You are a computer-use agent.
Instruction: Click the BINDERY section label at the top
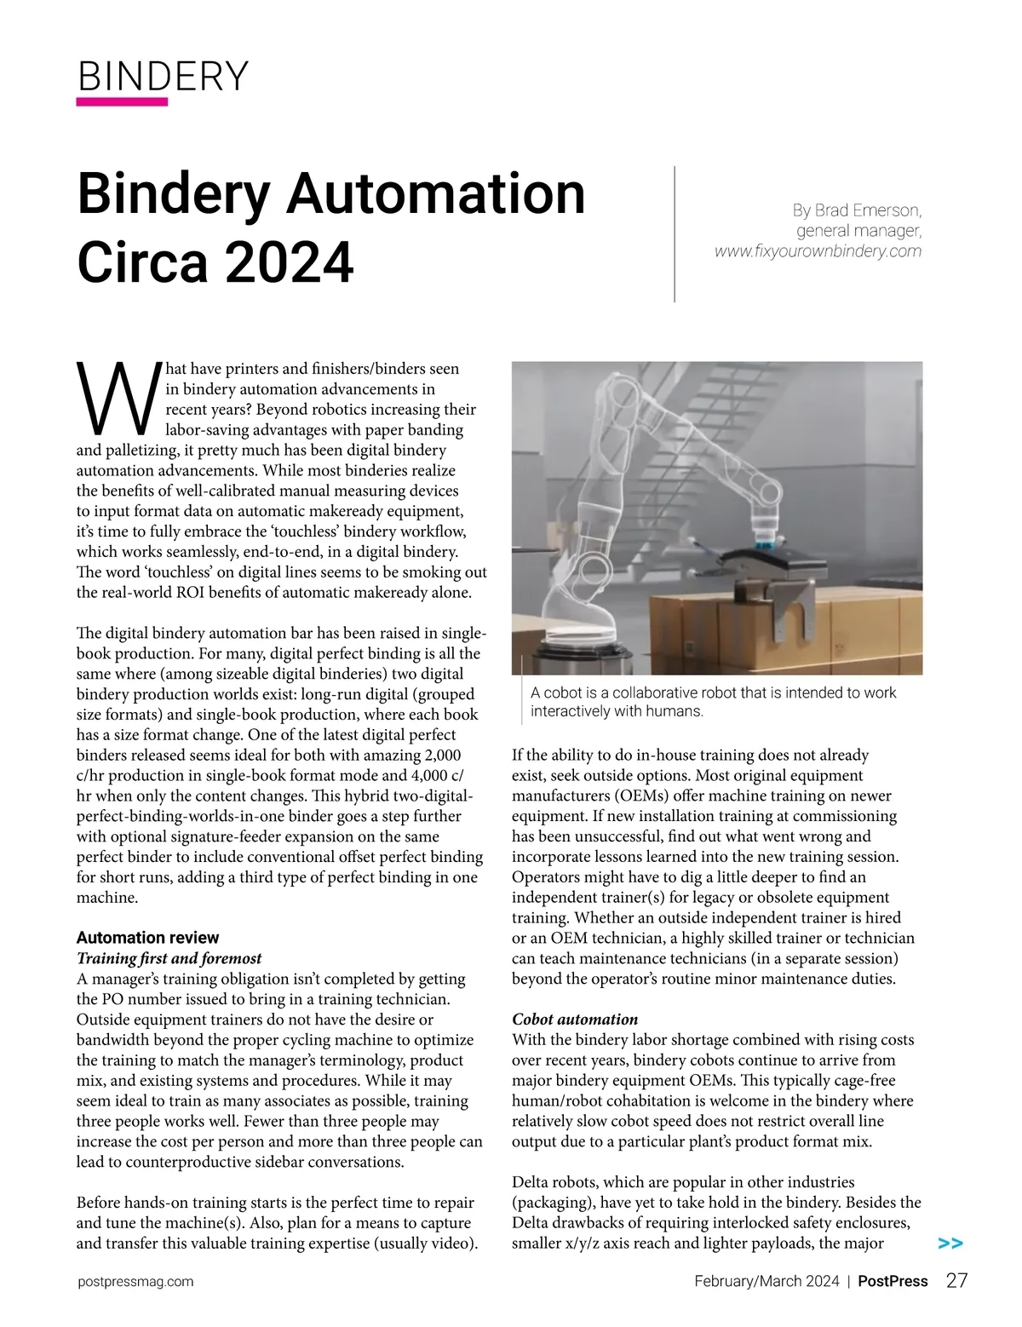pos(163,77)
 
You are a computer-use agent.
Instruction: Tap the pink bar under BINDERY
pos(122,101)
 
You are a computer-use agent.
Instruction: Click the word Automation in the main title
pos(435,194)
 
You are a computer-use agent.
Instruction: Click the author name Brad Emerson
pos(867,210)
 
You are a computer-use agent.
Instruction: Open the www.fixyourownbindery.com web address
pos(818,251)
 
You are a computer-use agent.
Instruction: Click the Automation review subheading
pos(147,938)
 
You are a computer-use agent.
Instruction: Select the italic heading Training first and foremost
pos(169,958)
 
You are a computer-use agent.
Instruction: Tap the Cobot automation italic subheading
pos(574,1020)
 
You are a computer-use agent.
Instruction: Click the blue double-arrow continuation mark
pos(950,1244)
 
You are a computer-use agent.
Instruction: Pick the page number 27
pos(956,1281)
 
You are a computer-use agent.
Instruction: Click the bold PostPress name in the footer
pos(892,1281)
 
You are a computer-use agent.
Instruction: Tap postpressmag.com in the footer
pos(135,1281)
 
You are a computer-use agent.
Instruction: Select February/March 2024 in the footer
pos(766,1281)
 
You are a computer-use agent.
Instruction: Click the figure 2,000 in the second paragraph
pos(442,755)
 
